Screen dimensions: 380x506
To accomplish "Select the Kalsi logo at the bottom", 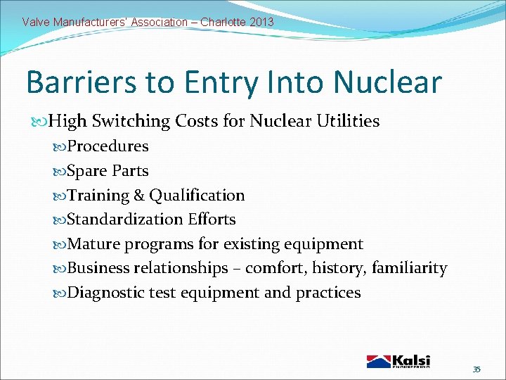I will pos(398,361).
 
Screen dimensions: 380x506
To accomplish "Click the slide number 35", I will pos(476,369).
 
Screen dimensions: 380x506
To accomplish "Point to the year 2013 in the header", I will pos(261,22).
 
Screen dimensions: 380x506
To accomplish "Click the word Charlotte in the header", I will pos(222,22).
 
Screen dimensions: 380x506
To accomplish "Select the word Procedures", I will pos(108,146).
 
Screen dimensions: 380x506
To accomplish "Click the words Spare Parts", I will pos(108,171).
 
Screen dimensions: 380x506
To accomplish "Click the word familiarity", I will pos(409,268).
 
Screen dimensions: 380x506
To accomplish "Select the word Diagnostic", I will pos(106,293).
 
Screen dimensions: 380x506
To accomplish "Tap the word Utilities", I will pos(344,122).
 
